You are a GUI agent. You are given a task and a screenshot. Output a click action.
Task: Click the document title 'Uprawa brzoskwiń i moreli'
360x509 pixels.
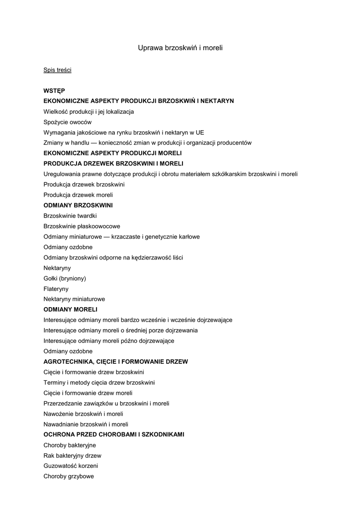[180, 48]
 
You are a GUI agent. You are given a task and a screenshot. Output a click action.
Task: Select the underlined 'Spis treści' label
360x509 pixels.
[57, 70]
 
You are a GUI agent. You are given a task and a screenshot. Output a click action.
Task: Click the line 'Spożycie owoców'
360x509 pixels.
[68, 122]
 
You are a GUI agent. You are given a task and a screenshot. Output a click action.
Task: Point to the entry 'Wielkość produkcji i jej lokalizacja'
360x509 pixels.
[89, 111]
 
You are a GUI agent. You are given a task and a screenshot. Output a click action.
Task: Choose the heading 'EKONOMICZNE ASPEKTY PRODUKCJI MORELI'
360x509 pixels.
[112, 153]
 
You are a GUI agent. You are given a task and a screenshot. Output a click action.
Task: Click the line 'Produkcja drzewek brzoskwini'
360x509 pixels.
[84, 184]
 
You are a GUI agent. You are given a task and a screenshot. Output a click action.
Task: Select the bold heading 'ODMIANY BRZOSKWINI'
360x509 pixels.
[78, 205]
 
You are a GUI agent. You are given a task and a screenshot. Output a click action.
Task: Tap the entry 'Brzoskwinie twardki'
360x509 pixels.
[70, 216]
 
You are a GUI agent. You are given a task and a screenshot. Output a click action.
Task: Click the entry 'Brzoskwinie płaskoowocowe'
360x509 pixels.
[82, 226]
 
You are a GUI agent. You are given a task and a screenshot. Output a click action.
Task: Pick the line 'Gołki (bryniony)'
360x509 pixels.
[65, 278]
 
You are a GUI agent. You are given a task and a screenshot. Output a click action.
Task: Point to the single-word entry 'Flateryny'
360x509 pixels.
[56, 289]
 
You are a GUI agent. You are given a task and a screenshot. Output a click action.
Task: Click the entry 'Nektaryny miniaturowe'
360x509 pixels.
[74, 299]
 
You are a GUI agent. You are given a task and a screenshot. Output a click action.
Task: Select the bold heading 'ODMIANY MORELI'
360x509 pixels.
[70, 310]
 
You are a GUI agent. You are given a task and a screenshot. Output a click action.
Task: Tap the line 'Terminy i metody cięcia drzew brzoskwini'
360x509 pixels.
[99, 383]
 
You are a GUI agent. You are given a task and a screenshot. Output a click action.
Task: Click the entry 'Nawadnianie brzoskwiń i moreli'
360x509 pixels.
[86, 424]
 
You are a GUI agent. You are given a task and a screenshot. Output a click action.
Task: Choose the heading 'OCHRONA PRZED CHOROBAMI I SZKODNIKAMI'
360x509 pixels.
[114, 434]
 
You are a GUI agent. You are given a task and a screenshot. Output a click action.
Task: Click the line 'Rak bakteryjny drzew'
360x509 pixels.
[73, 455]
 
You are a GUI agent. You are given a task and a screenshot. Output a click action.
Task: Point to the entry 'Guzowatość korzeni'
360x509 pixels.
[71, 466]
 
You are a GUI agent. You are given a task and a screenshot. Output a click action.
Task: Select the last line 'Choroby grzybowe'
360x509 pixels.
[69, 476]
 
